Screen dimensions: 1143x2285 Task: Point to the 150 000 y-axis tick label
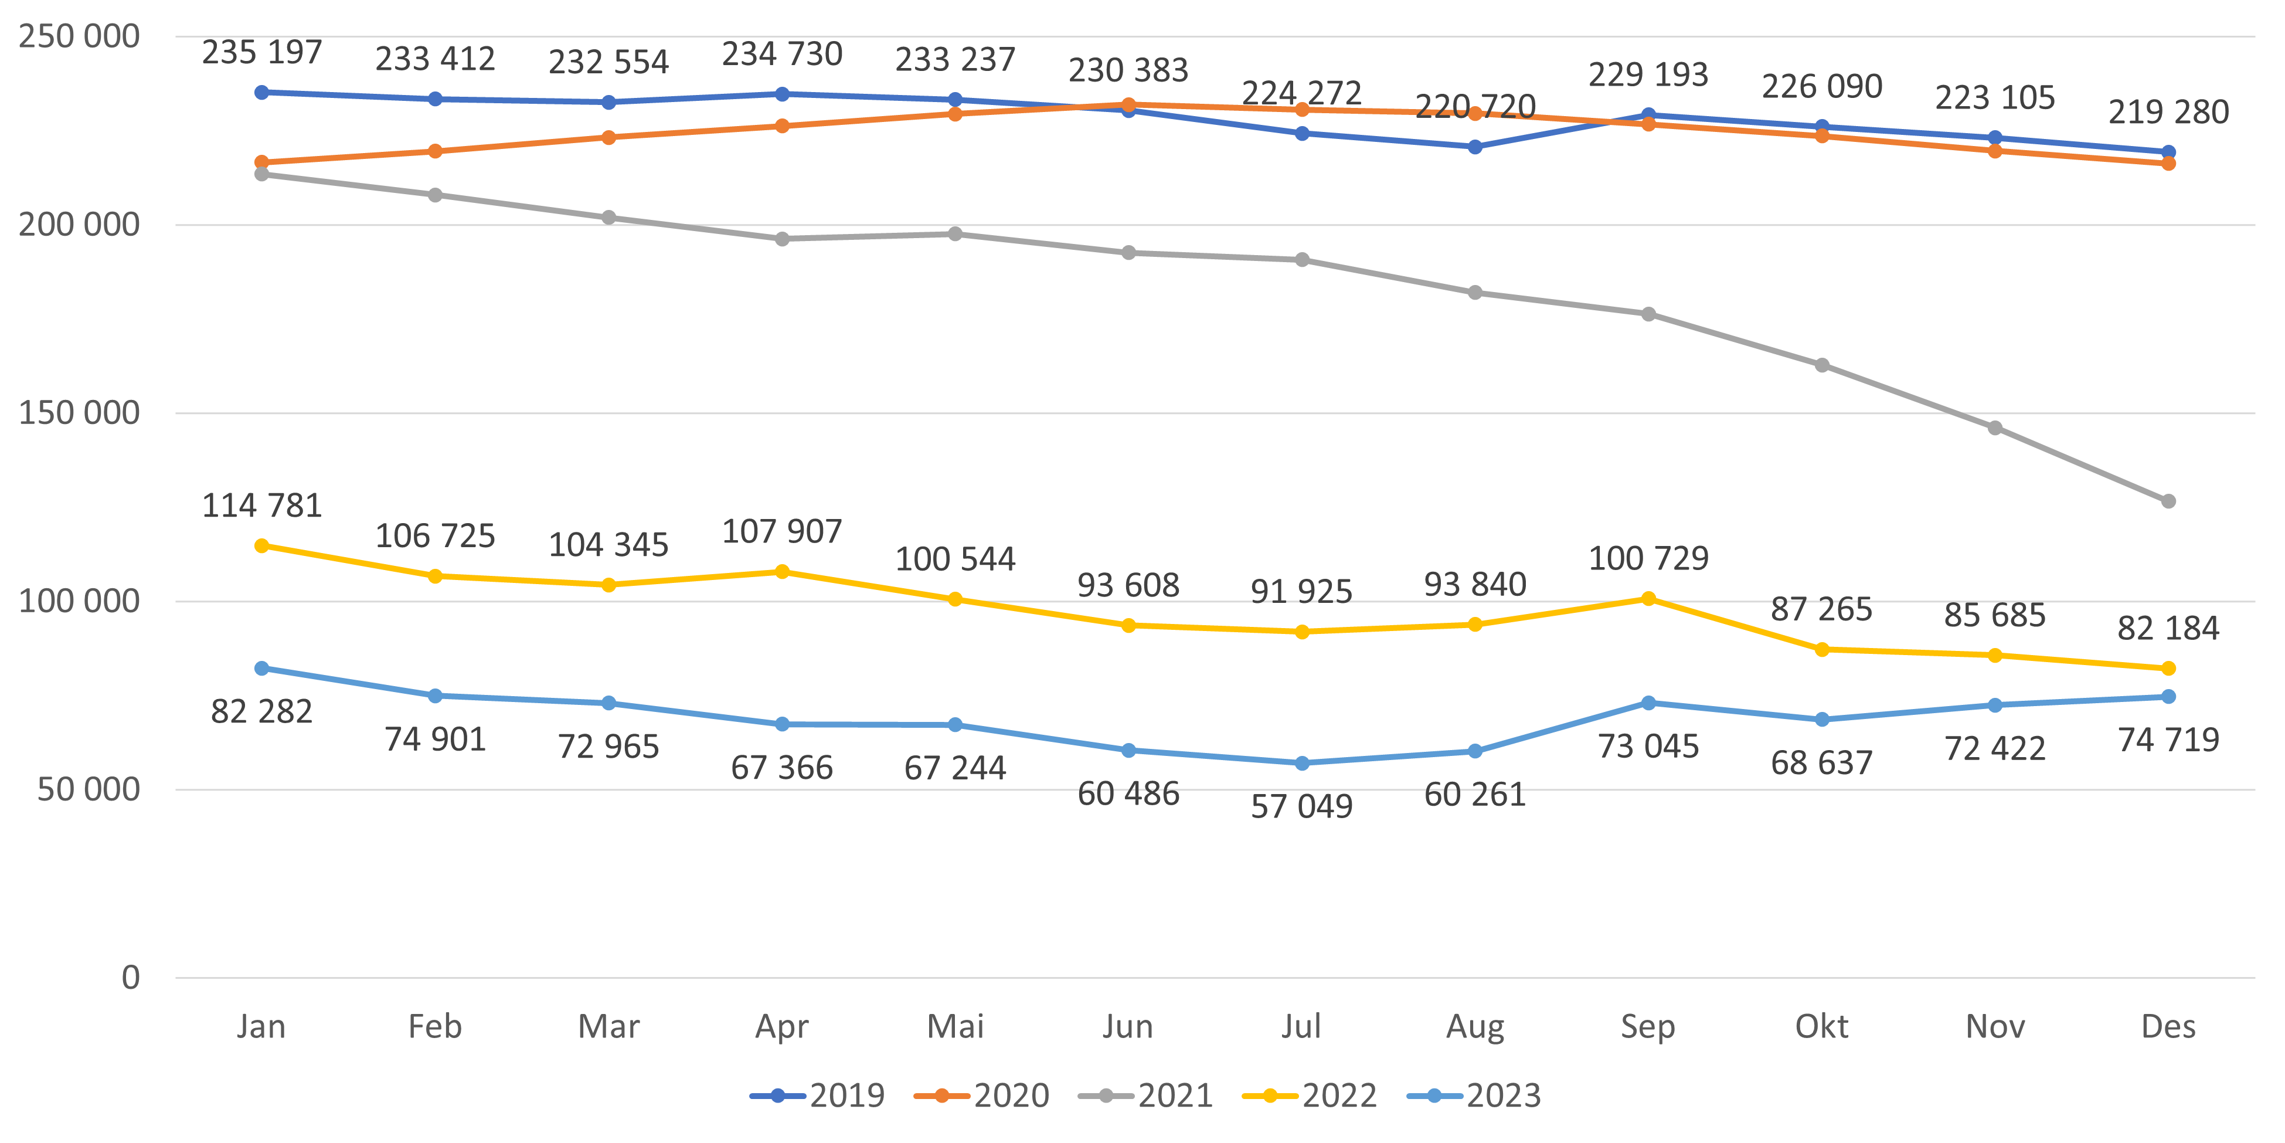click(79, 413)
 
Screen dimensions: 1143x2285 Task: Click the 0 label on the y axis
click(130, 977)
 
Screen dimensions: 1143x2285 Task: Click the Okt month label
click(1821, 1027)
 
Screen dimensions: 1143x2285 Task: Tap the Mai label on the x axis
click(956, 1027)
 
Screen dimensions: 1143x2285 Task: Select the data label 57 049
click(1301, 806)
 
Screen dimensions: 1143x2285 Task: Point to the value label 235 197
click(261, 52)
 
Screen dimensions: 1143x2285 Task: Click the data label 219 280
click(2168, 112)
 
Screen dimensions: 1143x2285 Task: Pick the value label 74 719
click(2168, 739)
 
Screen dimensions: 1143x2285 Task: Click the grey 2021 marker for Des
click(2168, 501)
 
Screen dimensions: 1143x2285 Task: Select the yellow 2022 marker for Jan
click(261, 546)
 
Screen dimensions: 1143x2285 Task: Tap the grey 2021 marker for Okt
click(1821, 365)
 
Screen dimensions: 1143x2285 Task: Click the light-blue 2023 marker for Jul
click(1301, 763)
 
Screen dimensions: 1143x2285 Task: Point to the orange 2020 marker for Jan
click(261, 162)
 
